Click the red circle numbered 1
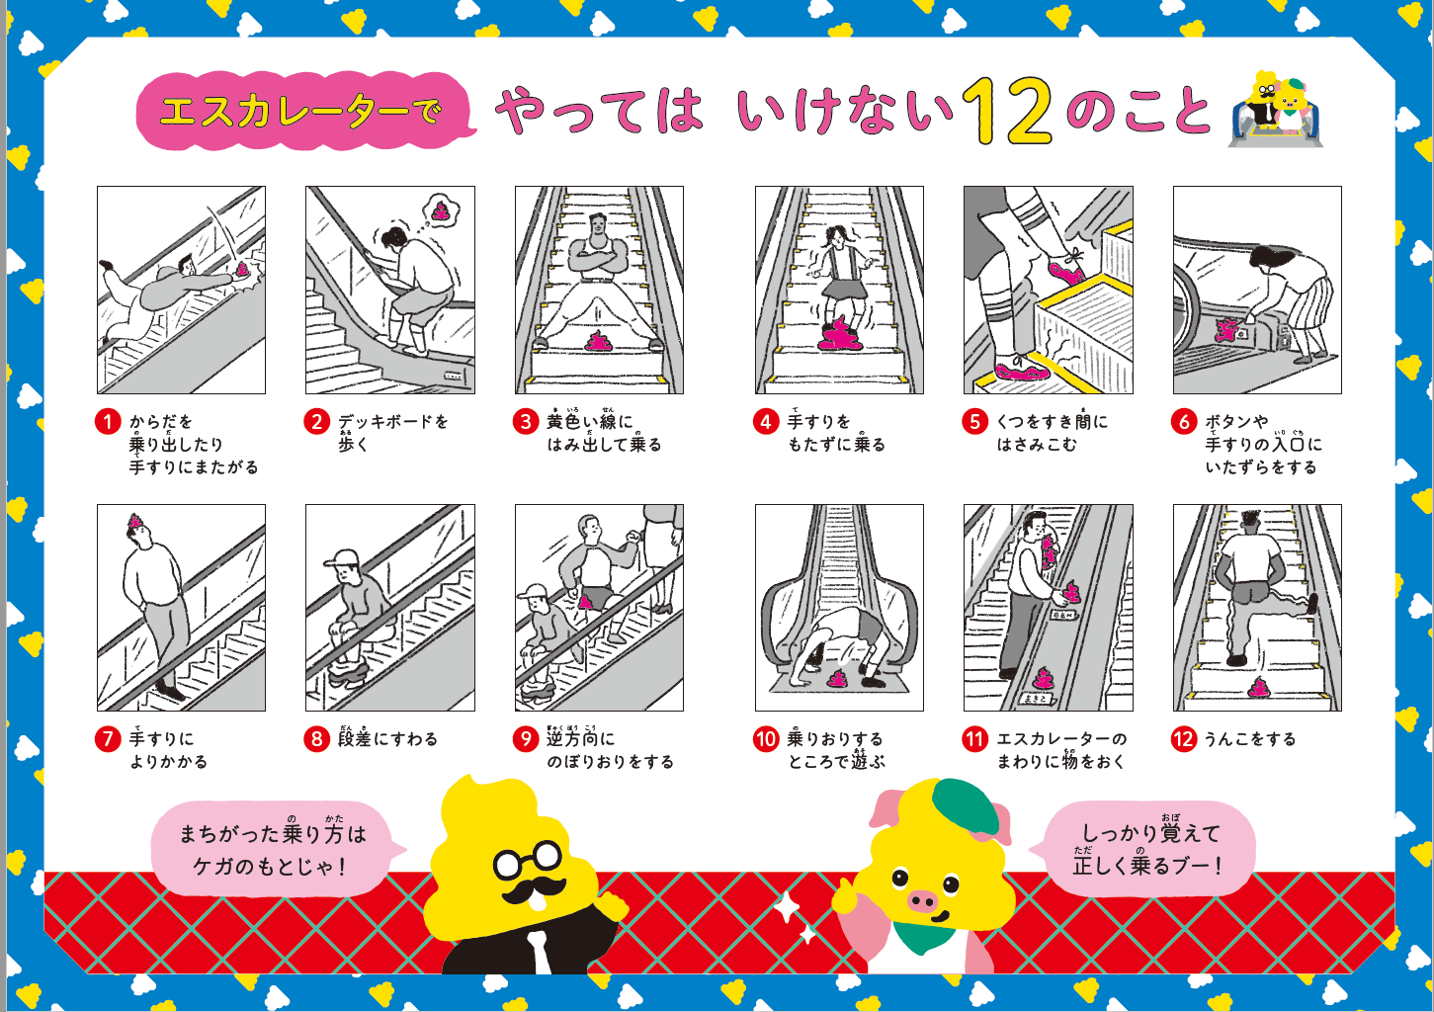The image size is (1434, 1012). pos(108,421)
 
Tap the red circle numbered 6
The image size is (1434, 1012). pos(1184,421)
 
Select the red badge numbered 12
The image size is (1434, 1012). pos(1184,739)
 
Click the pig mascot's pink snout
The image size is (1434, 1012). pos(922,903)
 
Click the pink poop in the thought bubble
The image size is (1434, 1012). pos(441,211)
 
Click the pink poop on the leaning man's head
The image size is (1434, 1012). pos(134,522)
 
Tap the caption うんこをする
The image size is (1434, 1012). pos(1249,739)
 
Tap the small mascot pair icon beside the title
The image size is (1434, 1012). pos(1277,109)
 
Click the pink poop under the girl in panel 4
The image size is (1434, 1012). pos(841,336)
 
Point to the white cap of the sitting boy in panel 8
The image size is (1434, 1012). pos(341,559)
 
